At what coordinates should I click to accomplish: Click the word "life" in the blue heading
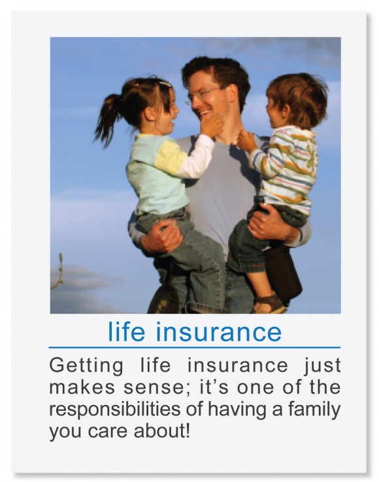coord(126,331)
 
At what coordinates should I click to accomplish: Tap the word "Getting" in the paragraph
coord(86,367)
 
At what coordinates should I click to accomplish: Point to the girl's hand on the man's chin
coord(211,125)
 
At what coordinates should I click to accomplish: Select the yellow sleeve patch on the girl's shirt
coord(169,155)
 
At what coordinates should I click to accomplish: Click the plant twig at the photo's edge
coord(59,271)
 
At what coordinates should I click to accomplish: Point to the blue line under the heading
coord(195,348)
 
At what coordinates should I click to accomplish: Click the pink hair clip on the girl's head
coord(165,83)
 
